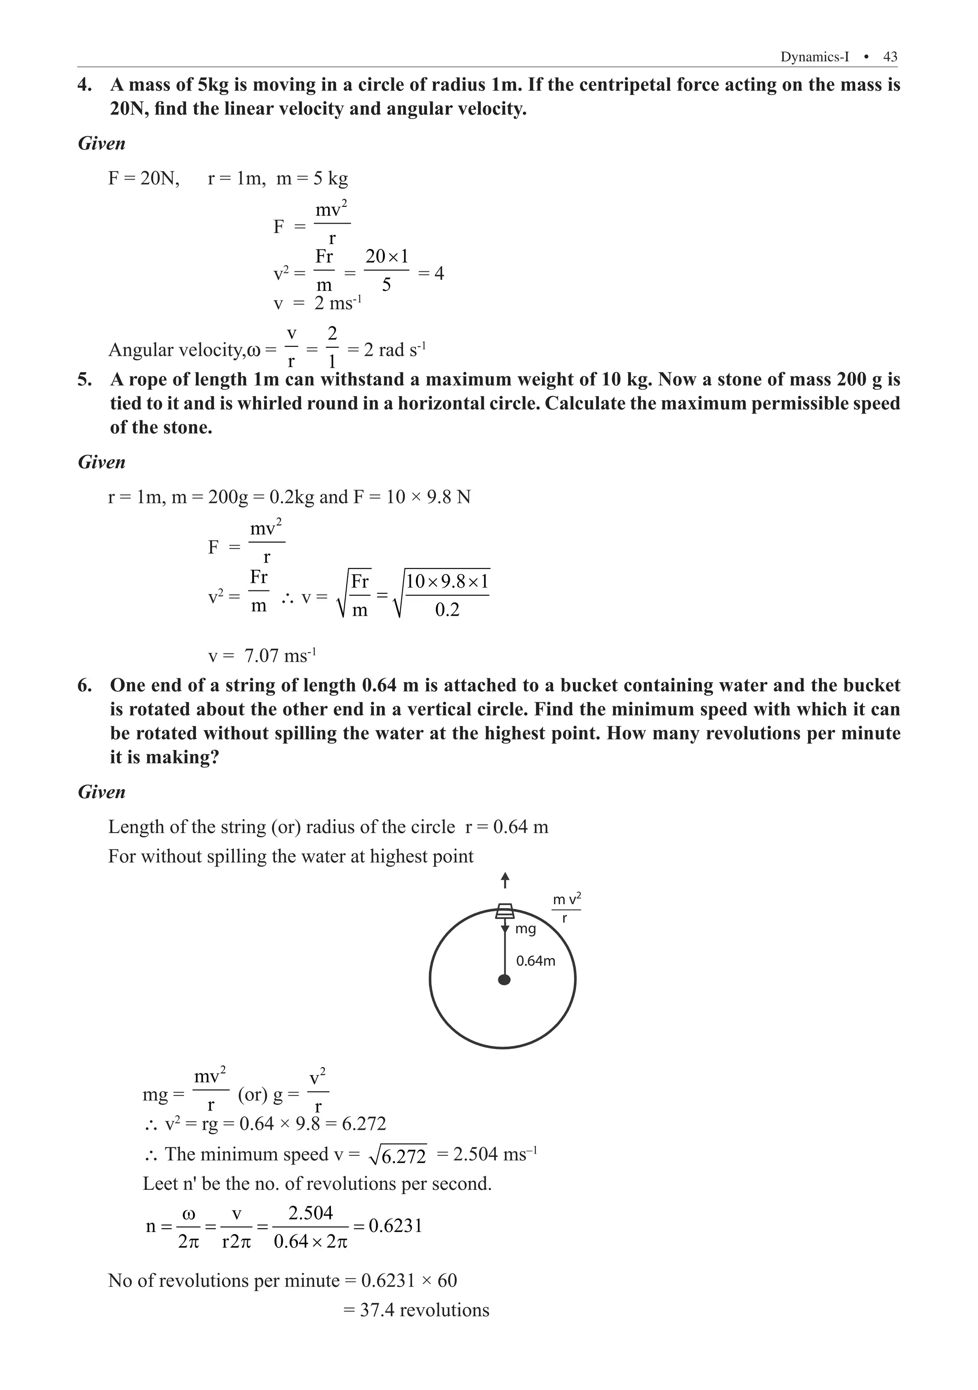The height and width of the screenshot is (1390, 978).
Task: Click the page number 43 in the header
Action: click(x=890, y=57)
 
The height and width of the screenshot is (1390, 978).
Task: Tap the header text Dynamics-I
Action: click(x=814, y=57)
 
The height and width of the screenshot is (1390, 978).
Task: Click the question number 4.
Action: click(x=85, y=85)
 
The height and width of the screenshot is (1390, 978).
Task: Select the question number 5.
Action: click(x=85, y=380)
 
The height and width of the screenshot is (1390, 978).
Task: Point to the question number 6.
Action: click(x=85, y=685)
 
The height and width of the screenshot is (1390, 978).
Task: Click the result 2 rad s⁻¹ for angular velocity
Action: click(x=394, y=350)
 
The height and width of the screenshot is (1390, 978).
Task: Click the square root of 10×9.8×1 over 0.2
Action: click(x=442, y=595)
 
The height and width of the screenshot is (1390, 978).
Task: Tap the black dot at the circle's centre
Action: click(x=503, y=980)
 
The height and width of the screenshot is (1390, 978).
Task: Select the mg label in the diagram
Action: click(x=525, y=929)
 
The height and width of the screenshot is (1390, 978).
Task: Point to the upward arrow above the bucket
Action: click(x=505, y=881)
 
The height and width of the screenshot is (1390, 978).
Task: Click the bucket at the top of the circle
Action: click(x=505, y=911)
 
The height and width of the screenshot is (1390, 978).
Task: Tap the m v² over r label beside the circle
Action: click(x=566, y=908)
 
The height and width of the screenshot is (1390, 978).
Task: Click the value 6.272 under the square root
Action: click(x=404, y=1157)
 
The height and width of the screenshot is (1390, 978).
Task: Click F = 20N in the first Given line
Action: click(x=143, y=179)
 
